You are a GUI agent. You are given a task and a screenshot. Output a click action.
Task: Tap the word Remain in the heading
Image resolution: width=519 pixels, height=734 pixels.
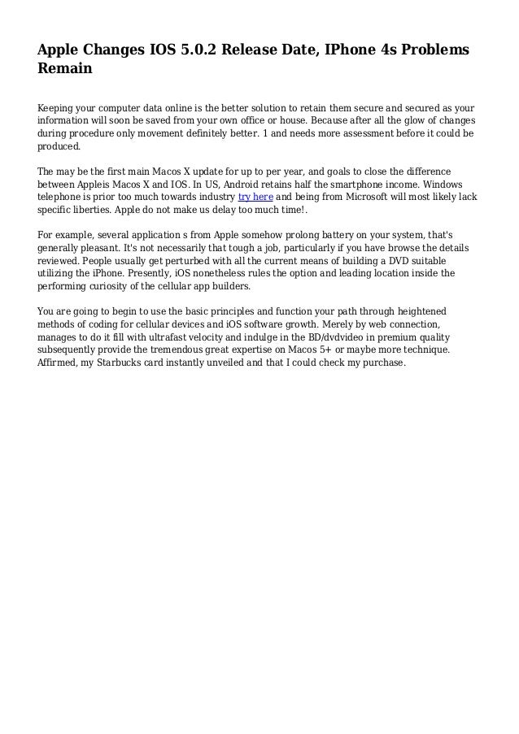tap(65, 70)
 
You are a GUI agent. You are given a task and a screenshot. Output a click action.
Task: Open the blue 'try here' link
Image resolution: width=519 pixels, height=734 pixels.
tap(255, 197)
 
